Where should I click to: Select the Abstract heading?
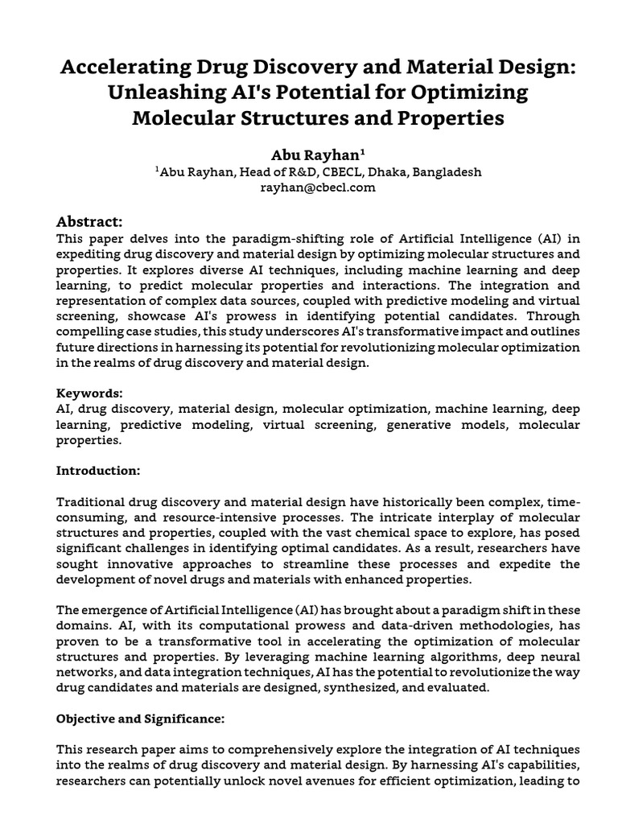89,221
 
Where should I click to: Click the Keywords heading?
89,393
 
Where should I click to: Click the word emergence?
120,608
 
